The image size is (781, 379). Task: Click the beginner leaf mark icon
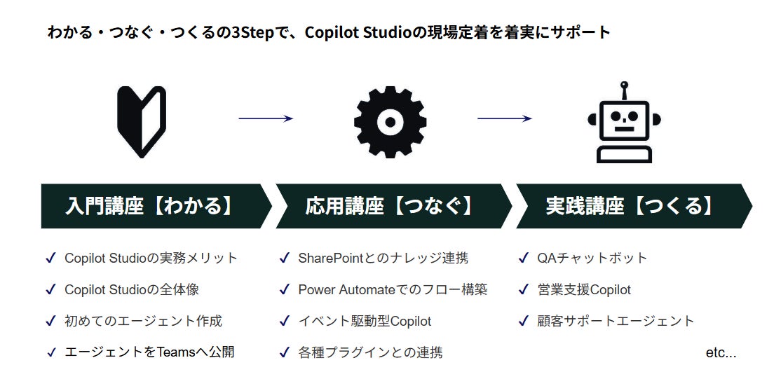pos(141,121)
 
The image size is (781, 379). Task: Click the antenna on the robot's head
pos(624,90)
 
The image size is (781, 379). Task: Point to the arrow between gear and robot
pos(504,118)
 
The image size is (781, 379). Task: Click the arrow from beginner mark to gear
pos(265,118)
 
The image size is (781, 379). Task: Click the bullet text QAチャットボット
pos(592,258)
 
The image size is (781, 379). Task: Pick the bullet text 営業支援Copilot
pos(584,289)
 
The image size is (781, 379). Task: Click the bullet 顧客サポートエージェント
pos(616,321)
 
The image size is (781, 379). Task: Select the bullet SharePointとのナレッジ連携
pos(383,258)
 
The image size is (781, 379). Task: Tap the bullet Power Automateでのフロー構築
pos(393,289)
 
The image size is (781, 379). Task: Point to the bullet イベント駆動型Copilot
pos(365,321)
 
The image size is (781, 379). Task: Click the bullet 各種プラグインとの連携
pos(370,352)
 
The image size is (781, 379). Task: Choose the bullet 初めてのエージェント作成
pos(143,321)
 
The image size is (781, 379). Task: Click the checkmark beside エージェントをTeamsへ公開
pos(50,352)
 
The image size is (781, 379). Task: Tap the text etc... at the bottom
pos(721,352)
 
